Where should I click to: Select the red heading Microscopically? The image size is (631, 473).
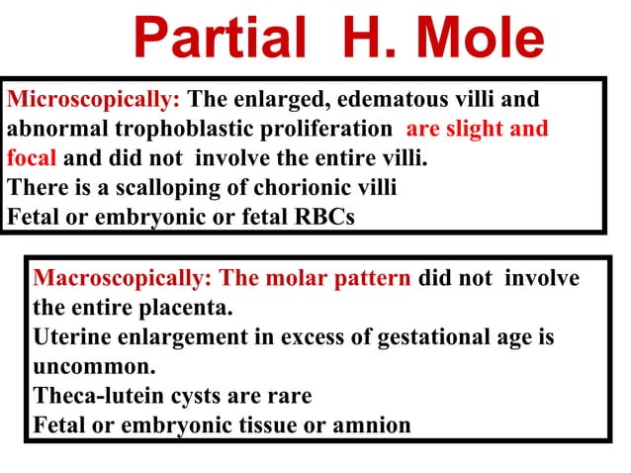(x=94, y=100)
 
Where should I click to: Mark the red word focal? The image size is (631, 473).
(x=32, y=158)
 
